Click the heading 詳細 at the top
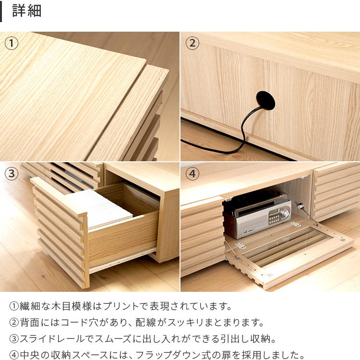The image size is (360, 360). pyautogui.click(x=27, y=11)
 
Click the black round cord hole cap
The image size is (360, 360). pyautogui.click(x=265, y=101)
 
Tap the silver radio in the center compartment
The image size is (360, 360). pyautogui.click(x=264, y=218)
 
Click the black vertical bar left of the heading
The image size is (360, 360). pyautogui.click(x=1, y=11)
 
